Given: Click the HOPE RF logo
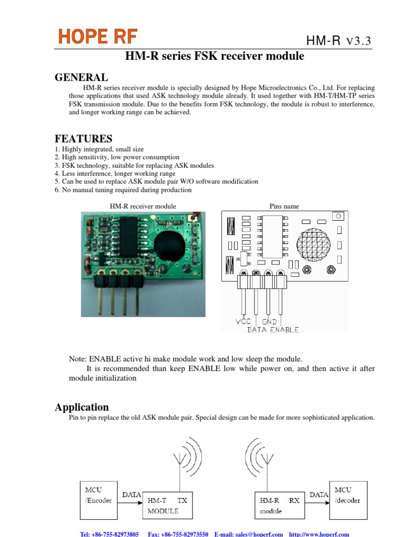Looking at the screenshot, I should (x=98, y=36).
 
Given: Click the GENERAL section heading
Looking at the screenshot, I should (x=82, y=78).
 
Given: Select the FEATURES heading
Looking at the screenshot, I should (x=83, y=139).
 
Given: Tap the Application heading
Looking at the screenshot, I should (x=82, y=407).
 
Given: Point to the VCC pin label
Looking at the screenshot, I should (x=243, y=321).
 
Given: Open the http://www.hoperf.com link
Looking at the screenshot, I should (x=319, y=534).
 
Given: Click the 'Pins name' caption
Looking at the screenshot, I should (x=284, y=206).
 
